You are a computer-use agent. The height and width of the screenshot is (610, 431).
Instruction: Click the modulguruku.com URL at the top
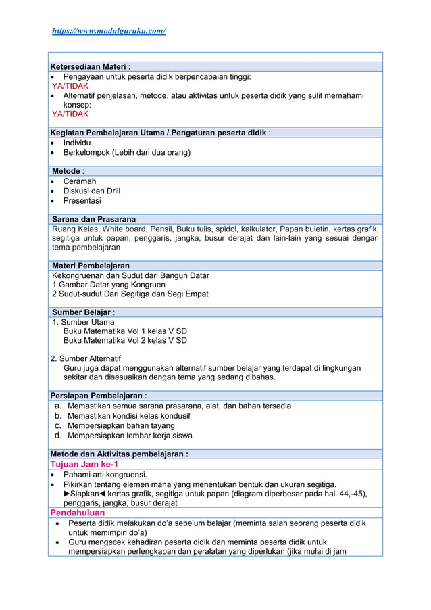point(109,31)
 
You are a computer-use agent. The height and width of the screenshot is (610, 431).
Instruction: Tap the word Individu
point(77,143)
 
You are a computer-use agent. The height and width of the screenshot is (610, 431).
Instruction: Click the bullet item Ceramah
point(80,181)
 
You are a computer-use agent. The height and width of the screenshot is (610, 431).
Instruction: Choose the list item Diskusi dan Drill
point(92,191)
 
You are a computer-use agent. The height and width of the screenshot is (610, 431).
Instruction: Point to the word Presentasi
point(82,201)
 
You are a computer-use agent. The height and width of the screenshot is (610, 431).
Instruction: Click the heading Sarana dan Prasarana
point(94,219)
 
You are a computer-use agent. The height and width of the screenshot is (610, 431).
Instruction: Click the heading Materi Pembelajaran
point(91,266)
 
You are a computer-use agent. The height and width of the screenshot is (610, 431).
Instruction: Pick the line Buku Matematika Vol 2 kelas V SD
point(125,340)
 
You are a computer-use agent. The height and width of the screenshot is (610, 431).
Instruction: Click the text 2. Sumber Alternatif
point(86,358)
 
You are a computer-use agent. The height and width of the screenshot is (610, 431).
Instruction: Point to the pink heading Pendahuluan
point(78,513)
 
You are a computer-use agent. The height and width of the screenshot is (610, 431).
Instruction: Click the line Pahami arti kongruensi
point(105,475)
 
